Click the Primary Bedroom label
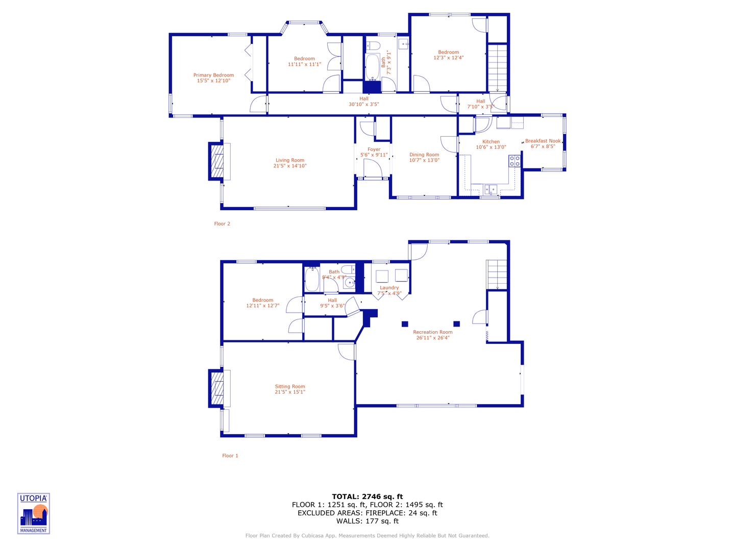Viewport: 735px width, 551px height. (213, 75)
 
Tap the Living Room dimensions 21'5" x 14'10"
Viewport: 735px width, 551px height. (290, 166)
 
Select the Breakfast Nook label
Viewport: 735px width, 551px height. (543, 141)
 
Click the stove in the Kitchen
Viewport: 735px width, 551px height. (514, 161)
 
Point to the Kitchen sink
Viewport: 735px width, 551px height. (490, 190)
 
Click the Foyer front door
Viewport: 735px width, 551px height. (373, 168)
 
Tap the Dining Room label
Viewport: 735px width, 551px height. (424, 155)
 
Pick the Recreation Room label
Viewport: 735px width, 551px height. (433, 332)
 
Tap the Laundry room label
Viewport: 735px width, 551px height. (389, 288)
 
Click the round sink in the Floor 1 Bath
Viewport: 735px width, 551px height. (350, 282)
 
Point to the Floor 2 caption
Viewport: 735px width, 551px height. (222, 224)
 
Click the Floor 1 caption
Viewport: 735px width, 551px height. (230, 456)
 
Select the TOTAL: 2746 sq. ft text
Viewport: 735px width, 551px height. (367, 496)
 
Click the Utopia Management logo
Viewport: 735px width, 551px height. (34, 513)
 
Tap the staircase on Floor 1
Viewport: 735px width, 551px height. (497, 274)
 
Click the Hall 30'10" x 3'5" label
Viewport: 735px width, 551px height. (363, 102)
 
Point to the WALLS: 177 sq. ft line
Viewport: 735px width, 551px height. (367, 521)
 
